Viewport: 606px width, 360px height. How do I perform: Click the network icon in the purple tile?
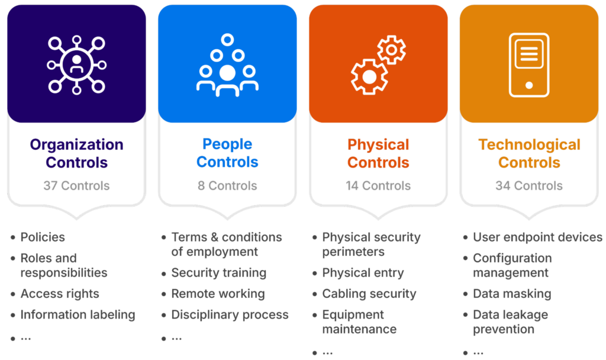[x=76, y=64]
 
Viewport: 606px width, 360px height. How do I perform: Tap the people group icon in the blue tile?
[x=227, y=66]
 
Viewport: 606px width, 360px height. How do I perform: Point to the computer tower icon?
[x=528, y=64]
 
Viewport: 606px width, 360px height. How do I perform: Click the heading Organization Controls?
[x=76, y=153]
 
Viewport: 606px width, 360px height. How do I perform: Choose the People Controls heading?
[x=227, y=153]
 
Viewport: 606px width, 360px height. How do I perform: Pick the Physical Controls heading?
[x=378, y=153]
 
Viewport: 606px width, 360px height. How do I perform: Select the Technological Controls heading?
[x=529, y=153]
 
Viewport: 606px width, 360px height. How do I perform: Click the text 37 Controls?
[x=76, y=186]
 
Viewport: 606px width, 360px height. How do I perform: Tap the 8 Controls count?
[x=227, y=186]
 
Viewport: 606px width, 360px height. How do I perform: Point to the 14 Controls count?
[x=378, y=186]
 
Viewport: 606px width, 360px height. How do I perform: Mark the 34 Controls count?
[x=529, y=186]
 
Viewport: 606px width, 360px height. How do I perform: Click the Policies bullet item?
[x=43, y=237]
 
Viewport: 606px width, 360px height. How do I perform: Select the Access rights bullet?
[x=60, y=294]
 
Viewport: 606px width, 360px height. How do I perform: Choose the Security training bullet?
[x=218, y=273]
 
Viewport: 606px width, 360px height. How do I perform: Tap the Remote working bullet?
[x=218, y=294]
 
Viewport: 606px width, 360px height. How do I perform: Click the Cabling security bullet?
[x=369, y=294]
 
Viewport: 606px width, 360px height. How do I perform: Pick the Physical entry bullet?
[x=363, y=273]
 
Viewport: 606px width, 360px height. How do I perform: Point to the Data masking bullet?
[x=512, y=294]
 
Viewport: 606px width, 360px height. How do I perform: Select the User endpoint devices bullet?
[x=537, y=237]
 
